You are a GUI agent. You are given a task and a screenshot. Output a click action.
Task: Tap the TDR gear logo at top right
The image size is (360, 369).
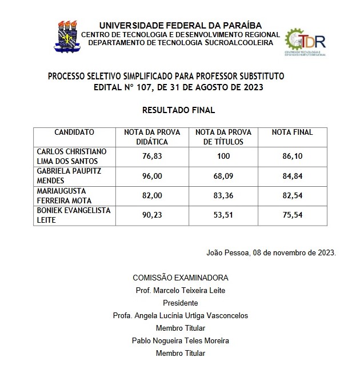305,42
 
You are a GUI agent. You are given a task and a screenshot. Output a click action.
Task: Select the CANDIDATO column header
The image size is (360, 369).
74,133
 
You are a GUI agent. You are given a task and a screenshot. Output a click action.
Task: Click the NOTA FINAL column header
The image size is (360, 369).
292,133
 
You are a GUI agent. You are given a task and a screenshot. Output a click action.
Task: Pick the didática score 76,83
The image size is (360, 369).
152,156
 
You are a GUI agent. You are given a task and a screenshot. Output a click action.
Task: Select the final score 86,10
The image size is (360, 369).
292,156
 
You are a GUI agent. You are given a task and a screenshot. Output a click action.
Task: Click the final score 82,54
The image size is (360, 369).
292,195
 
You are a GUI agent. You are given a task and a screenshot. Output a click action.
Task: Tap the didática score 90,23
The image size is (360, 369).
152,215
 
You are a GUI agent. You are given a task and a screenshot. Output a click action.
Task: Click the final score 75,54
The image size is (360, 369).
292,215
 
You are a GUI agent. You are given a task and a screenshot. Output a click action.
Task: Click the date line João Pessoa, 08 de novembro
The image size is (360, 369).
271,252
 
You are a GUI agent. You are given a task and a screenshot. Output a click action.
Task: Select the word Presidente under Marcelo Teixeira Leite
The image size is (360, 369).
181,303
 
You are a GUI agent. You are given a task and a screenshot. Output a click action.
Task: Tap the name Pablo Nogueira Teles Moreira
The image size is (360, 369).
181,341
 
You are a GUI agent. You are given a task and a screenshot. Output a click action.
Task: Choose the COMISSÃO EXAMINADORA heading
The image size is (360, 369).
181,278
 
